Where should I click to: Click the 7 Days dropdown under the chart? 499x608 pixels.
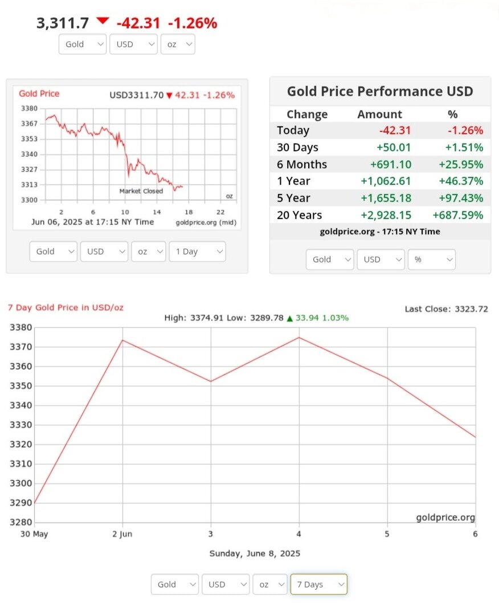click(x=318, y=584)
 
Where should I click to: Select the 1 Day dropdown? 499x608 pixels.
click(x=197, y=251)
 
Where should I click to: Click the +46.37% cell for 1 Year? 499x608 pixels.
click(x=461, y=181)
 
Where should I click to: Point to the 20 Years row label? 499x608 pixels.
click(x=299, y=215)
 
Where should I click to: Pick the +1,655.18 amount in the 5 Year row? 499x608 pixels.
click(x=386, y=198)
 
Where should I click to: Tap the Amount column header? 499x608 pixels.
click(x=379, y=114)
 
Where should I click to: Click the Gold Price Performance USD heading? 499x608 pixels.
click(x=380, y=92)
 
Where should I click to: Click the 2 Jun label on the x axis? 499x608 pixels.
click(x=122, y=533)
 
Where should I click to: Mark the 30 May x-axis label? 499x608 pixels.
click(x=33, y=533)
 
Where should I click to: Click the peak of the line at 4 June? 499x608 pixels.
click(x=299, y=338)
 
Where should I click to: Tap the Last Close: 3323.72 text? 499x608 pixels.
click(x=446, y=309)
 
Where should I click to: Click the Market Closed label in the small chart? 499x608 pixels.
click(x=141, y=191)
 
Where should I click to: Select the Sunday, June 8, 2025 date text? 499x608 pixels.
click(x=255, y=553)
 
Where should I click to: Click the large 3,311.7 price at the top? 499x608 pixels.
click(x=63, y=23)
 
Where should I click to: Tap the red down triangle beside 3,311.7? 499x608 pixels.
click(x=103, y=21)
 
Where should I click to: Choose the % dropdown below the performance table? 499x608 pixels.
click(x=431, y=259)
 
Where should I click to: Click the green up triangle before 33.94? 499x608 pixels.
click(x=290, y=318)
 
